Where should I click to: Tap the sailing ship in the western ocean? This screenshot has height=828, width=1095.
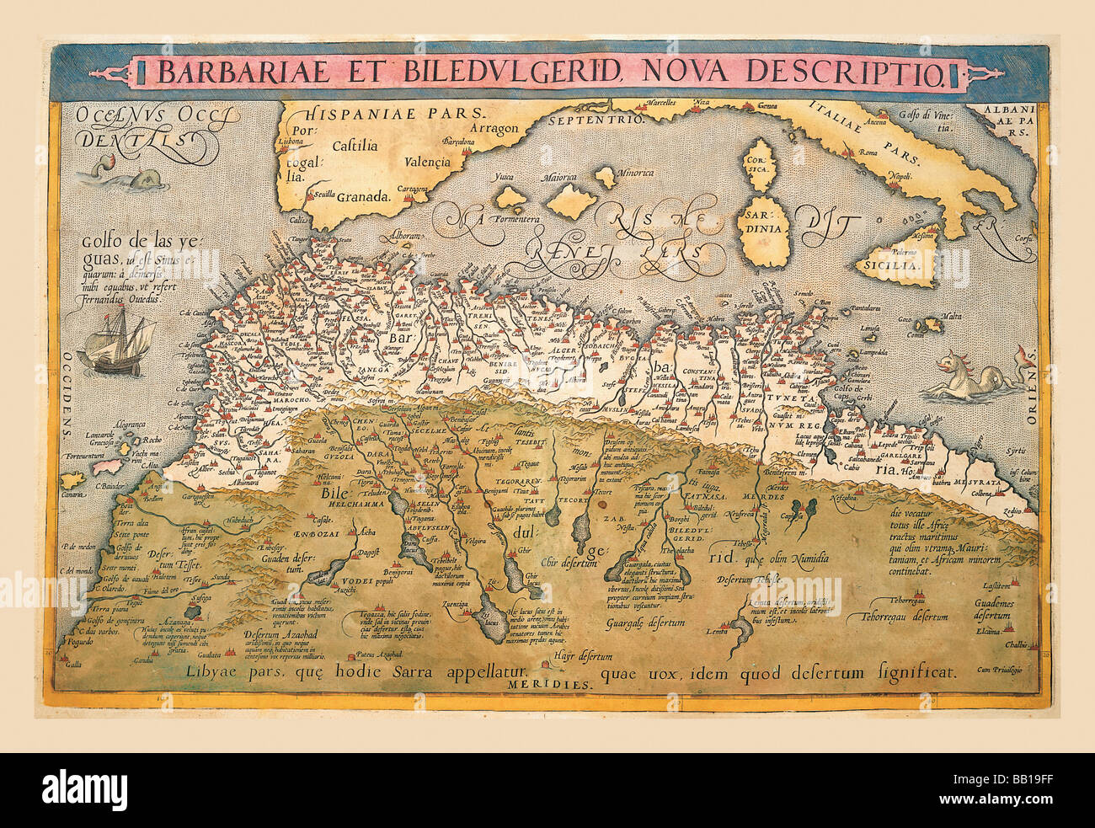[x=118, y=341]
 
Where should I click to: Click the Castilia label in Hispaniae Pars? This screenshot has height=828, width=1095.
[x=355, y=145]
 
